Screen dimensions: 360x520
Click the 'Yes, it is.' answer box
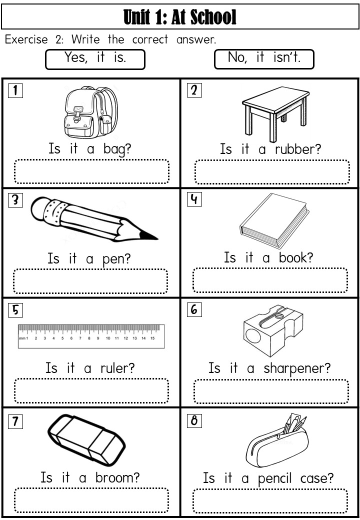tap(95, 59)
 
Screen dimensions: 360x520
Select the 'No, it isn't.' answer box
tap(264, 59)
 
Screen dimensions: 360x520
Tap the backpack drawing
tap(91, 112)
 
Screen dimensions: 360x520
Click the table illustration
tap(275, 114)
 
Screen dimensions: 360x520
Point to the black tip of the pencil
tap(148, 236)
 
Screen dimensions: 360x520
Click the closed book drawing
tap(274, 220)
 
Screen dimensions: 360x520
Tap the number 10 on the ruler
tap(108, 338)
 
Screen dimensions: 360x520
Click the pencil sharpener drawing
tap(273, 331)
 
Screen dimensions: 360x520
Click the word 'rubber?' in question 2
tap(297, 149)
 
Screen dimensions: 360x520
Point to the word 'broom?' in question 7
tap(117, 477)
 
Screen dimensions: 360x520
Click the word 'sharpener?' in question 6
tap(297, 369)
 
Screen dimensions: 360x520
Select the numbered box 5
tap(15, 310)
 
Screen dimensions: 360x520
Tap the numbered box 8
tap(194, 420)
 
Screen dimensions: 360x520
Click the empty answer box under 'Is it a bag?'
tap(91, 171)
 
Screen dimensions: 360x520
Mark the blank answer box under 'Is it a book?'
tap(270, 280)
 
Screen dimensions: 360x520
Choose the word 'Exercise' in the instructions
tap(26, 39)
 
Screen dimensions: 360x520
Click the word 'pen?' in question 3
tap(116, 259)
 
